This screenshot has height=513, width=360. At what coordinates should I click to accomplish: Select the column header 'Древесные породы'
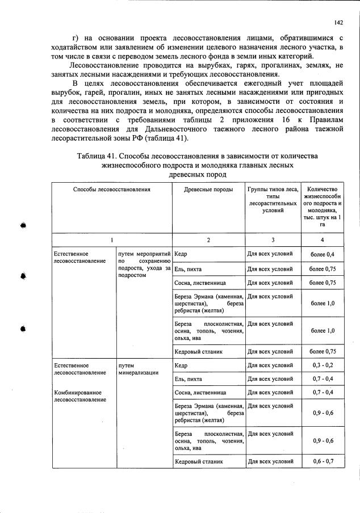[x=208, y=189]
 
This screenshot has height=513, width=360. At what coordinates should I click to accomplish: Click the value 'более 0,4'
[x=323, y=254]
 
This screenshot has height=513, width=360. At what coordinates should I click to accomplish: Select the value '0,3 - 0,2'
[x=323, y=365]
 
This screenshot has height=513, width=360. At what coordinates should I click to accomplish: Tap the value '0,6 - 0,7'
[x=323, y=461]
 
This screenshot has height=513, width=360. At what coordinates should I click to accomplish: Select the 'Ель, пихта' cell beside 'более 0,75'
[x=189, y=268]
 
